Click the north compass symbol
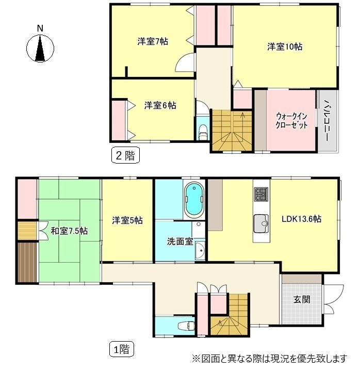40,47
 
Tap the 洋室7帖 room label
152,41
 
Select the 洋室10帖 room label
284,46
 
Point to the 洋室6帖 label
160,105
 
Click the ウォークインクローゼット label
291,120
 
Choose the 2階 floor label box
126,155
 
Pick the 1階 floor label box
121,349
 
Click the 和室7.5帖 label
69,231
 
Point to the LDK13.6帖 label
302,219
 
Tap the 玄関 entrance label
302,299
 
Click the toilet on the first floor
185,325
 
